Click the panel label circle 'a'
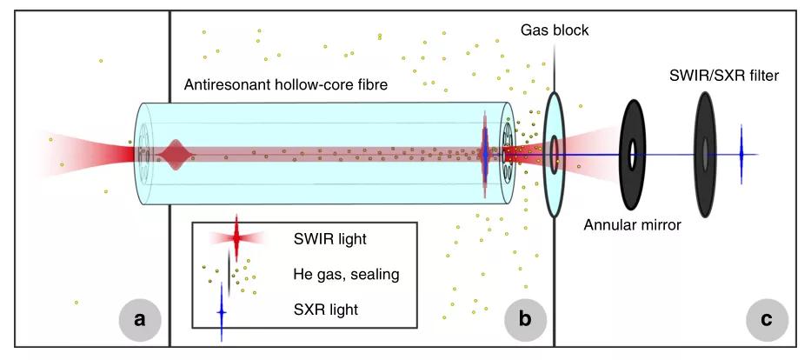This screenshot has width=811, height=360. (139, 318)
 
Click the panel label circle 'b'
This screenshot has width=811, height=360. (525, 318)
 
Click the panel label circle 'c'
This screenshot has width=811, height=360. (767, 318)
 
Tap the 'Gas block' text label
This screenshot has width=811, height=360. (555, 30)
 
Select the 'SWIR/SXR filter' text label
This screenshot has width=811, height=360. (724, 76)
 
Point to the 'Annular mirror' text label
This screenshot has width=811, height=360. (632, 225)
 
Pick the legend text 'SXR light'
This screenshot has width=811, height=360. (324, 309)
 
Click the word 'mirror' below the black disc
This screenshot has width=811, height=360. (659, 225)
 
